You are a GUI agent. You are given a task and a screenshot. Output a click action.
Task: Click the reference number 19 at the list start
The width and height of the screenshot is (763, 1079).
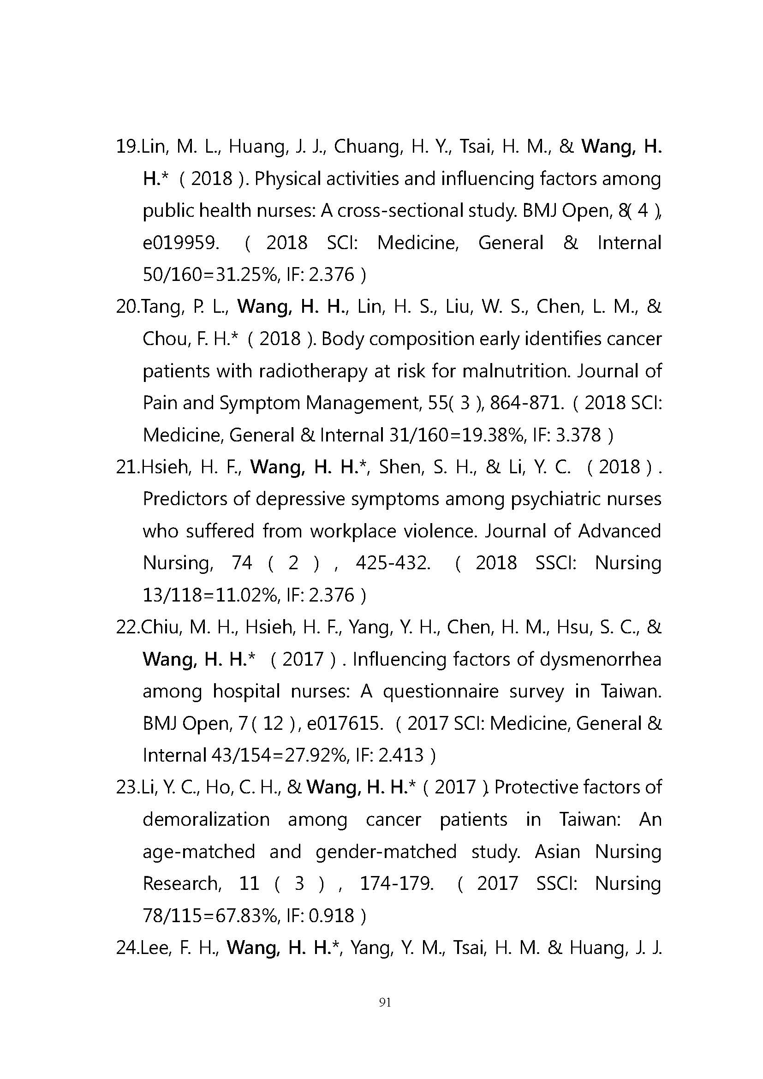[x=126, y=147]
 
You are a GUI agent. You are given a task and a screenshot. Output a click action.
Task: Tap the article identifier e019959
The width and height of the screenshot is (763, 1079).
[x=181, y=243]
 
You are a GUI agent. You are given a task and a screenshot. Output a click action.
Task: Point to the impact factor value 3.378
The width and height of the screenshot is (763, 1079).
[x=578, y=435]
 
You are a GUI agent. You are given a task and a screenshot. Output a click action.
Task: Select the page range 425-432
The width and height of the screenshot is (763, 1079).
[x=393, y=563]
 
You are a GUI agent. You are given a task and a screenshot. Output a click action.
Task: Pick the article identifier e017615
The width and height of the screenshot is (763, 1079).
[x=343, y=723]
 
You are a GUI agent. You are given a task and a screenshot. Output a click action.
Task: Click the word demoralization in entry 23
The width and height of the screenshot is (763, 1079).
[x=206, y=820]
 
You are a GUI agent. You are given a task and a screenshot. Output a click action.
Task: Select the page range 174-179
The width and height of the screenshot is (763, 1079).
[x=397, y=883]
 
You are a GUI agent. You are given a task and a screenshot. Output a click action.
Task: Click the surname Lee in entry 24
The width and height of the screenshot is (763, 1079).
[x=154, y=948]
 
